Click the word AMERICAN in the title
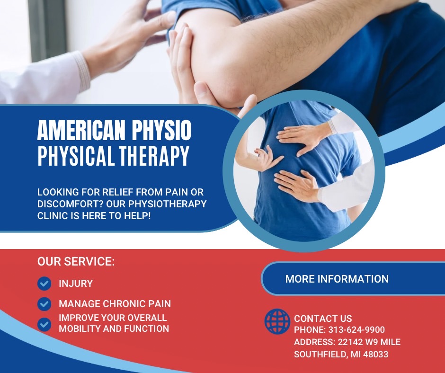[x=81, y=130]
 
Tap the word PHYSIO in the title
[x=161, y=130]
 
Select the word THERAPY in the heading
[x=154, y=156]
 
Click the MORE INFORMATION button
[x=353, y=279]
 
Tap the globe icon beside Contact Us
[x=277, y=321]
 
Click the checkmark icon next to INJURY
[x=44, y=283]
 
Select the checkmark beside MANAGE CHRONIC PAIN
[x=44, y=304]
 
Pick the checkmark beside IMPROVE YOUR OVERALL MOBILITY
[x=44, y=324]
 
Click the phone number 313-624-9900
[x=356, y=330]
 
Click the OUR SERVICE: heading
[x=76, y=261]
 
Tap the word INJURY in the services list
[x=76, y=284]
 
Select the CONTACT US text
[x=323, y=319]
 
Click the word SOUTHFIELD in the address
[x=321, y=355]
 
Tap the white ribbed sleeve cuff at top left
[x=82, y=71]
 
